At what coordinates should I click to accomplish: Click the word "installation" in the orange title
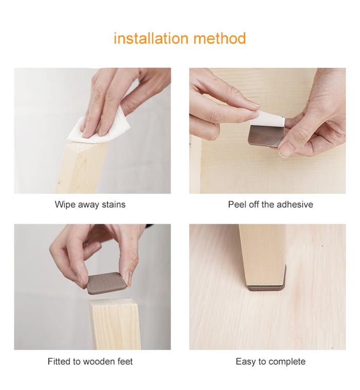coord(151,39)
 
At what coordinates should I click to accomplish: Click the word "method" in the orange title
coord(220,39)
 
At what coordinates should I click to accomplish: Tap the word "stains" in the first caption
coord(114,205)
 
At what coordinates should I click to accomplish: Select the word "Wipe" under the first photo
coord(65,205)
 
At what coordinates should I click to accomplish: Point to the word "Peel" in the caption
coord(236,205)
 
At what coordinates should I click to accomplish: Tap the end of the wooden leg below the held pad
coord(113,304)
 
